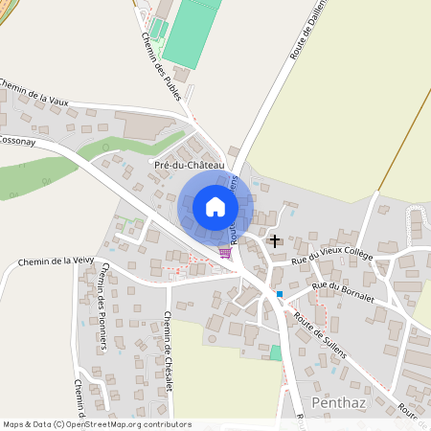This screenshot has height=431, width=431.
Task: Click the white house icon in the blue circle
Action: pos(215,206)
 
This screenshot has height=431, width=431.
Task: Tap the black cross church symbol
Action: pos(276,240)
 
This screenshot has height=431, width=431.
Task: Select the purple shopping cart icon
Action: pos(224,253)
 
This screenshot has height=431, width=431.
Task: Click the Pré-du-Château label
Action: pos(189,166)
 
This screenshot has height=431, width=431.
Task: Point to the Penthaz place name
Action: pos(339,400)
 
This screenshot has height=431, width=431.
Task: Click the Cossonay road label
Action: pos(17,140)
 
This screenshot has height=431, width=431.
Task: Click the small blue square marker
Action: pos(280,294)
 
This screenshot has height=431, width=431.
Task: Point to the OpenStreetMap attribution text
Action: pos(96,424)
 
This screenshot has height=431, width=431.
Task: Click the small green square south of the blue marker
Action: pos(276,353)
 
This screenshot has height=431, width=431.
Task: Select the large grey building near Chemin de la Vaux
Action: pos(143,122)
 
